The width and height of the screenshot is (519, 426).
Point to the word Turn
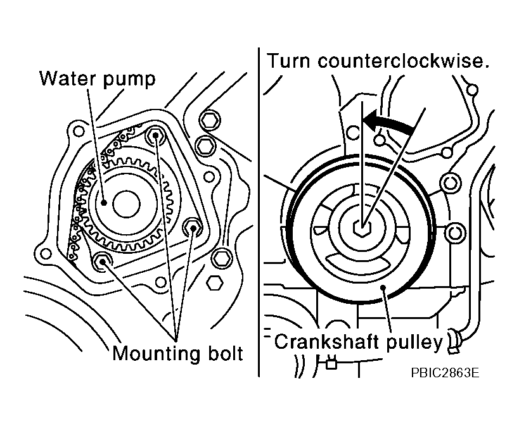[288, 61]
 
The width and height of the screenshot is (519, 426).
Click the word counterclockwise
[403, 61]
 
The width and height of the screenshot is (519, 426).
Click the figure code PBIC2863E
[444, 373]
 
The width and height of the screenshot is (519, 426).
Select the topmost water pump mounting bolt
[155, 135]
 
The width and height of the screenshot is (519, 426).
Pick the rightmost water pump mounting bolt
[192, 227]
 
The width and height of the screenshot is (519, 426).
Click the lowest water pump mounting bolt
[102, 262]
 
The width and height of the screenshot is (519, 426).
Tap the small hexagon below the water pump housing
[214, 283]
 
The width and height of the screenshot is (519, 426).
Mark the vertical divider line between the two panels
[259, 212]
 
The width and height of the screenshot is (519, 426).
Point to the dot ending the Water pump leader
[104, 203]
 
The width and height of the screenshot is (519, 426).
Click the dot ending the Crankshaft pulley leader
[383, 287]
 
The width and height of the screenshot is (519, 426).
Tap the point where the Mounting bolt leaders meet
[176, 340]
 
